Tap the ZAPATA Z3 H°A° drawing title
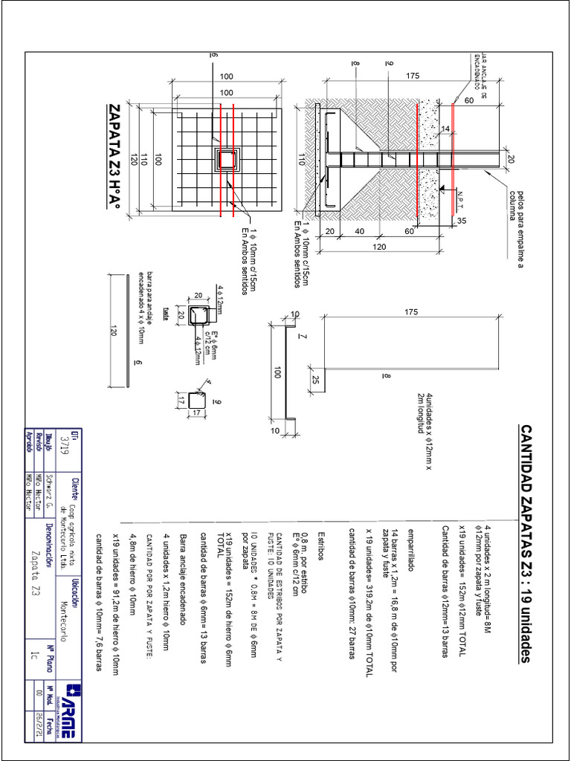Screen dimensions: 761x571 [x=115, y=159]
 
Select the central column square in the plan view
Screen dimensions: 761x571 [x=225, y=159]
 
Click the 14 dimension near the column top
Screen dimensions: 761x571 [x=446, y=129]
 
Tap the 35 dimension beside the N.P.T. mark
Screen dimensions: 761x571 [x=461, y=221]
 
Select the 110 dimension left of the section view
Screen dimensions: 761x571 [x=303, y=158]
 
